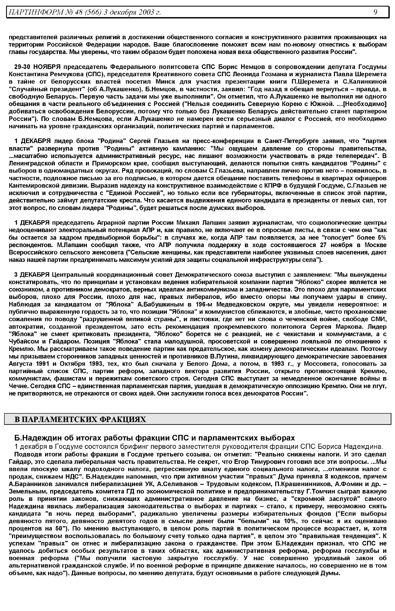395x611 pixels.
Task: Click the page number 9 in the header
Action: pyautogui.click(x=375, y=12)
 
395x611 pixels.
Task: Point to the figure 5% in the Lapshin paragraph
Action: pyautogui.click(x=381, y=237)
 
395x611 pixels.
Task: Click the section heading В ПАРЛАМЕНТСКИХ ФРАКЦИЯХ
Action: pyautogui.click(x=80, y=419)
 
